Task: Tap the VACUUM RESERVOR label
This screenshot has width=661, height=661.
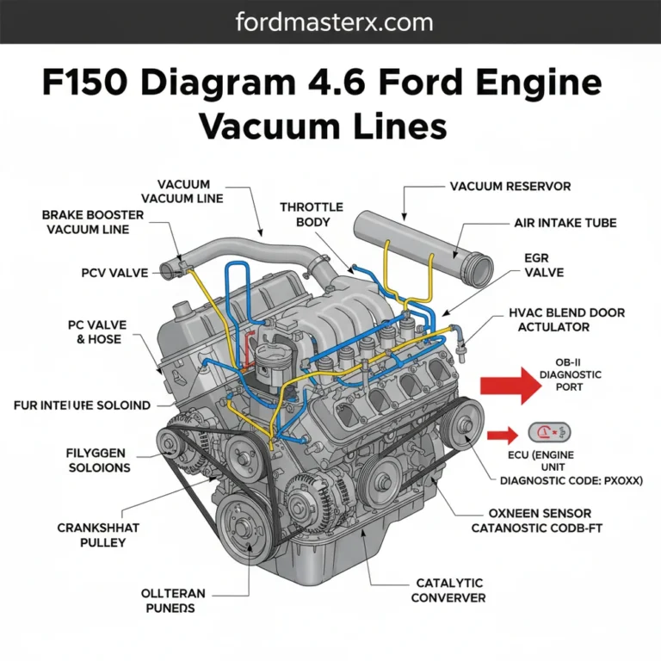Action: (x=510, y=186)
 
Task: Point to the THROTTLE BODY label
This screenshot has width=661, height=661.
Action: (x=311, y=214)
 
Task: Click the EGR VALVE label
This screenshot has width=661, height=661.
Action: (x=543, y=264)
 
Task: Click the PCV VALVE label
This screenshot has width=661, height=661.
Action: (x=106, y=272)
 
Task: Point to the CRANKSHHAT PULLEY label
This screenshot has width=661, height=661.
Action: (x=91, y=534)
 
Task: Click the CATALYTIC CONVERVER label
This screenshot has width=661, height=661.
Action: (x=448, y=590)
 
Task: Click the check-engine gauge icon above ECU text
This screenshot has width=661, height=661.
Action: (x=548, y=434)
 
